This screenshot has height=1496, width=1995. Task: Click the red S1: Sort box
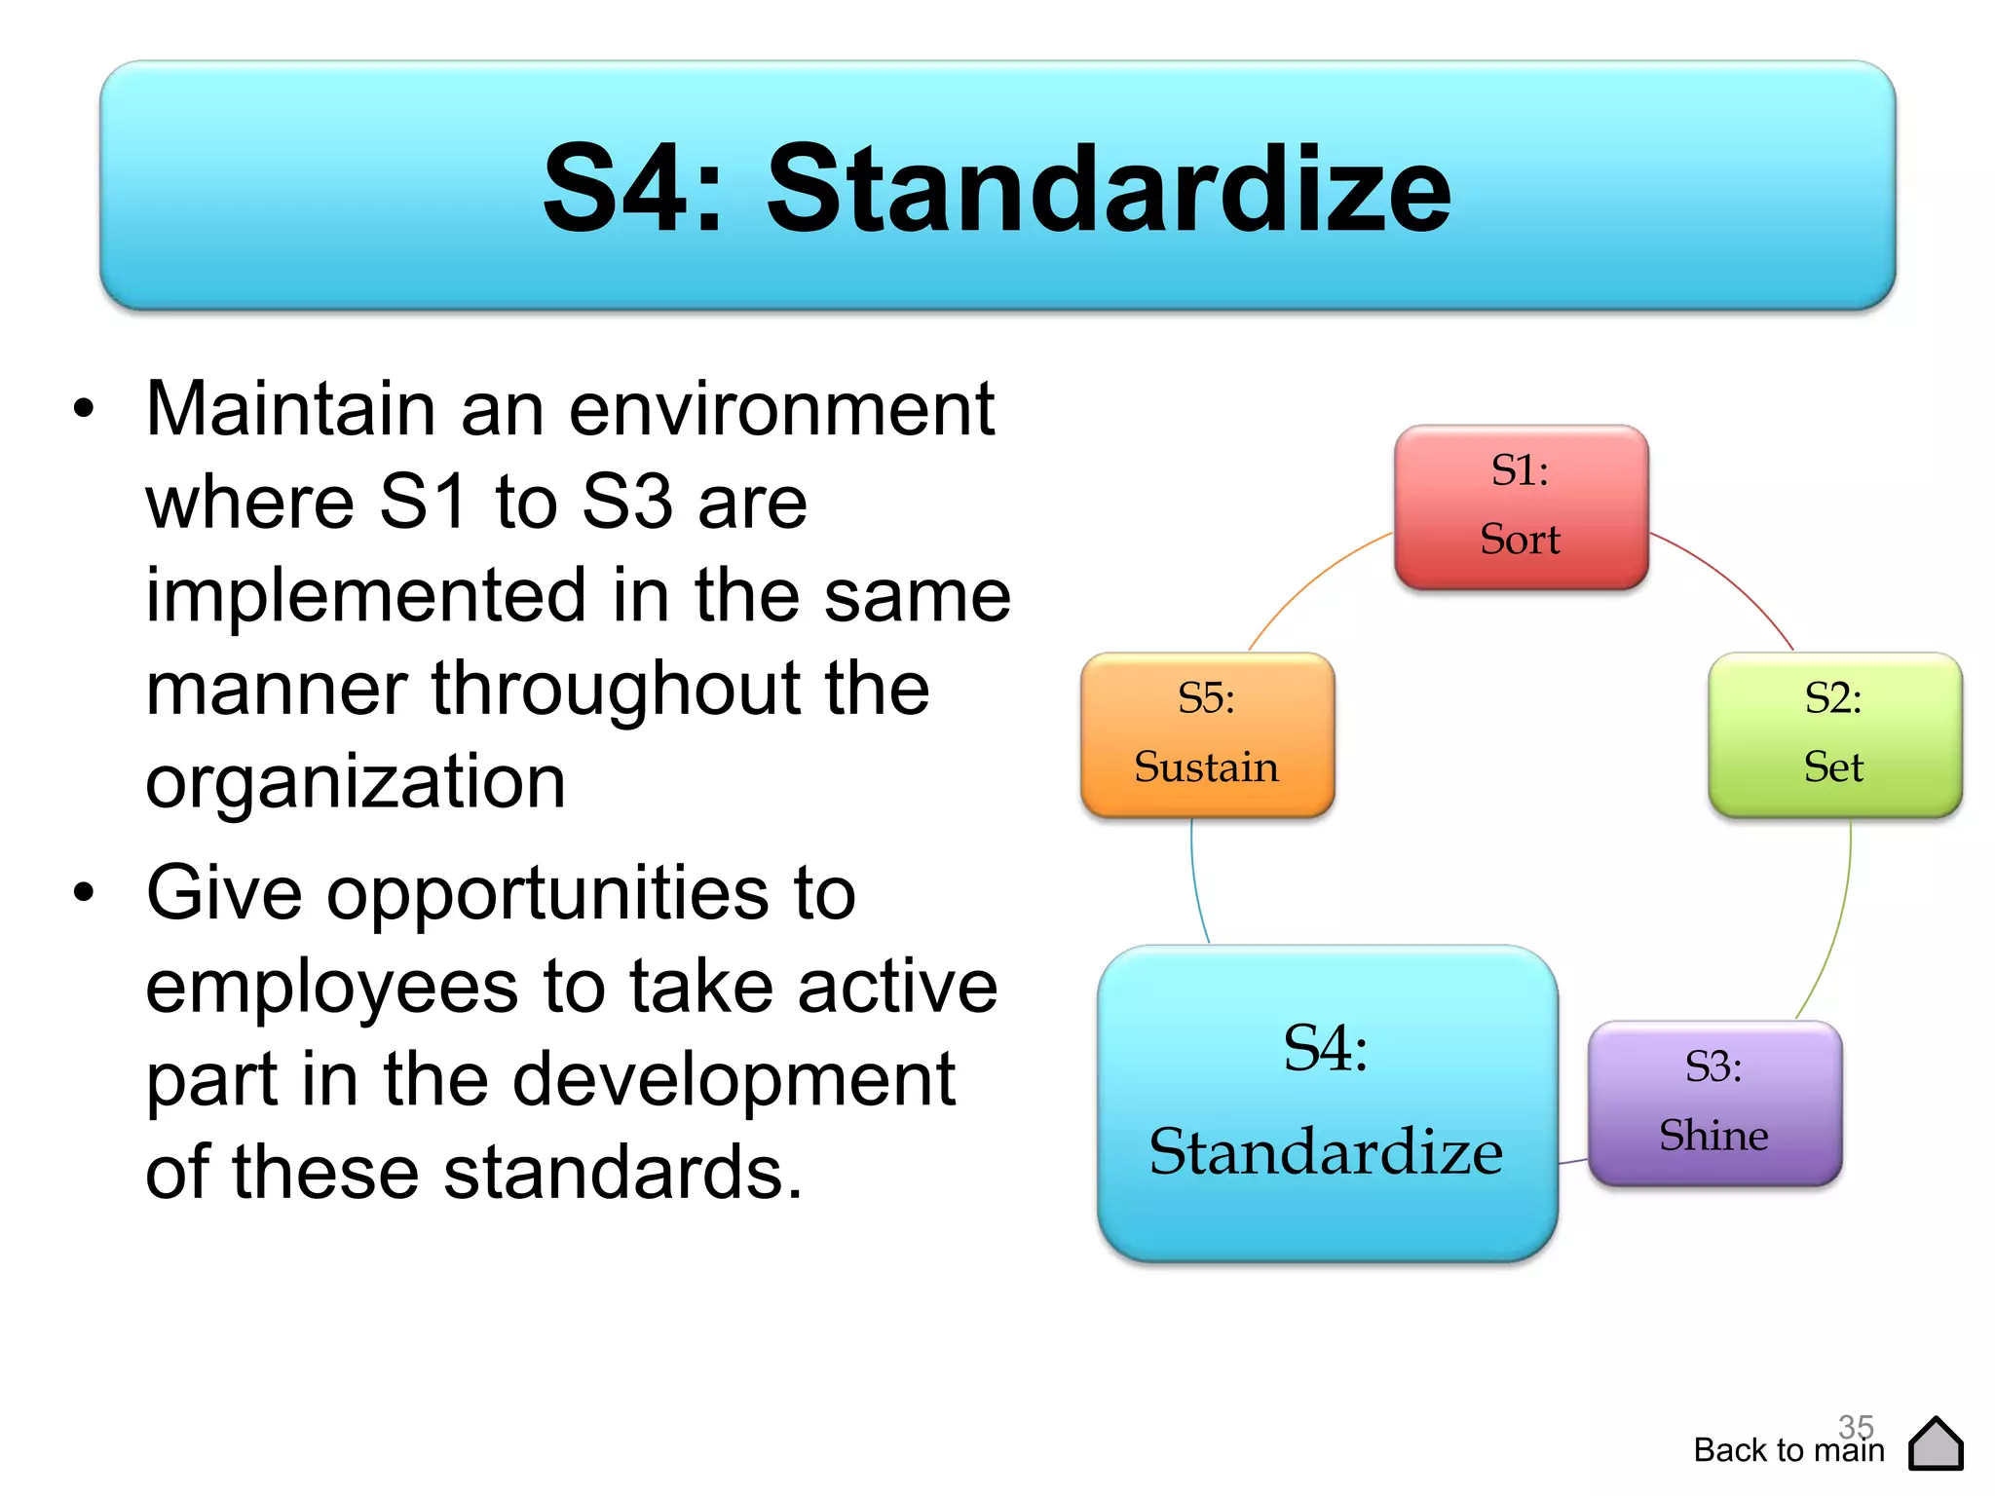coord(1521,506)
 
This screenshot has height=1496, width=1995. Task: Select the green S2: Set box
coord(1834,734)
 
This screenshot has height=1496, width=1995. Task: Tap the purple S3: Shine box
coord(1714,1103)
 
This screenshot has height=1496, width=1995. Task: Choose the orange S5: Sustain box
coord(1207,734)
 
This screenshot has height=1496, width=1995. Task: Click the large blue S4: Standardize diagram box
coord(1327,1103)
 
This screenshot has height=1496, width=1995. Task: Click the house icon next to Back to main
coord(1936,1444)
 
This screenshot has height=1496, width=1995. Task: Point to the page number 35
coord(1856,1426)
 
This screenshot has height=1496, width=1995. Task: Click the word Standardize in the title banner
coord(1109,189)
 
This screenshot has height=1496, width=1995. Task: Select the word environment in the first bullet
coord(781,409)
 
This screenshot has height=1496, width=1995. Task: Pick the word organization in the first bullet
coord(356,782)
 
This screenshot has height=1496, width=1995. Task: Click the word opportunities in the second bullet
coord(548,893)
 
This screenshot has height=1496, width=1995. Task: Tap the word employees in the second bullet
coord(331,987)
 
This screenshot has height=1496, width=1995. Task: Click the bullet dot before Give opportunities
coord(85,892)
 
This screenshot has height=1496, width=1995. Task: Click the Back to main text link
coord(1788,1451)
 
